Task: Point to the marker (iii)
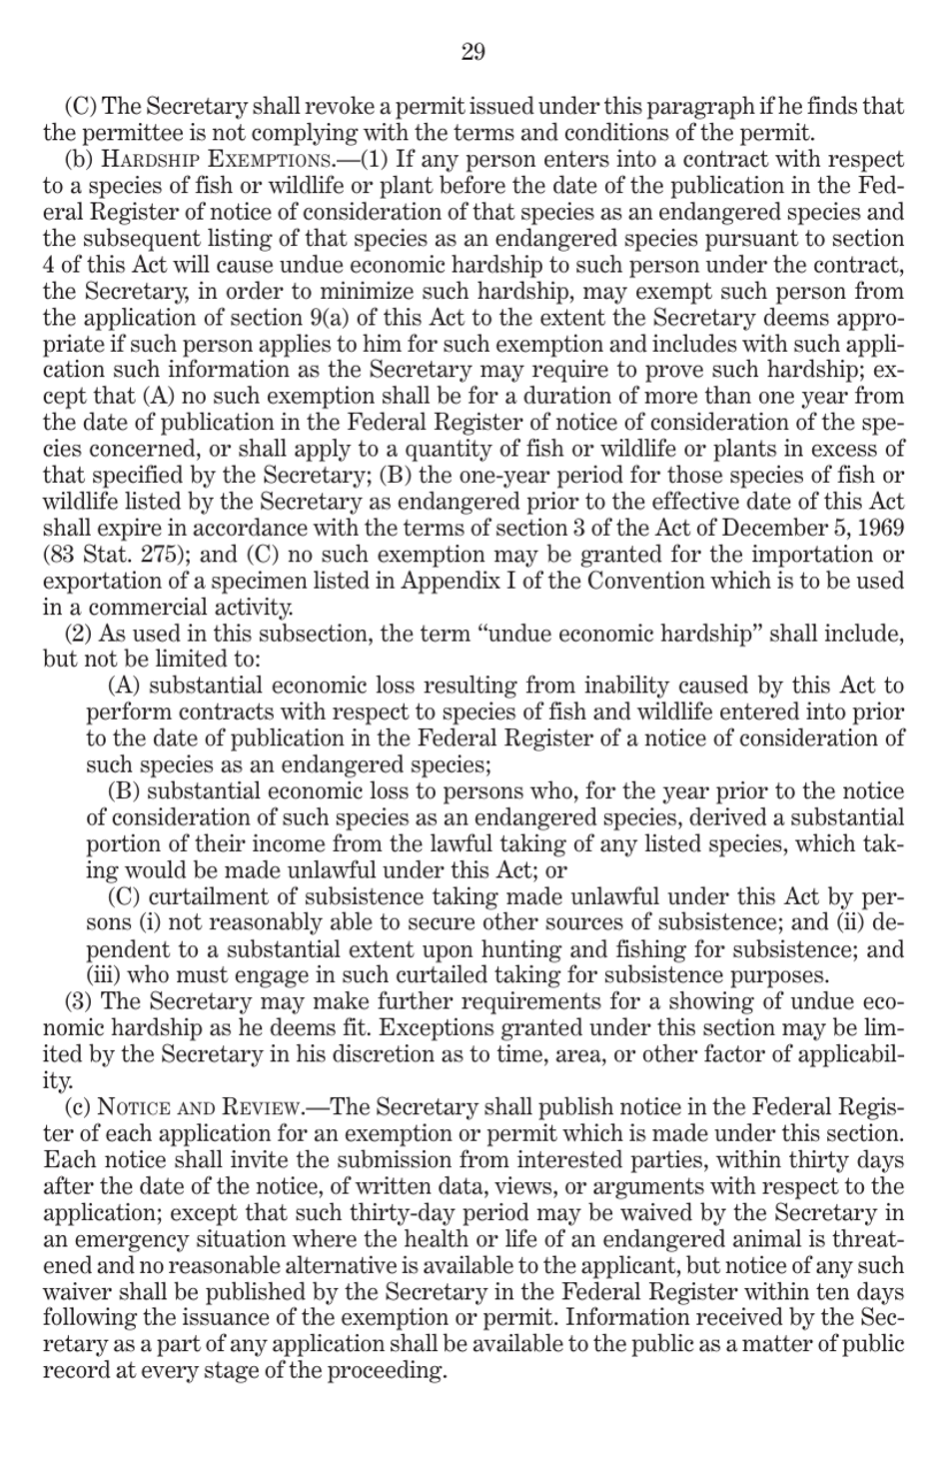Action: [104, 975]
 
